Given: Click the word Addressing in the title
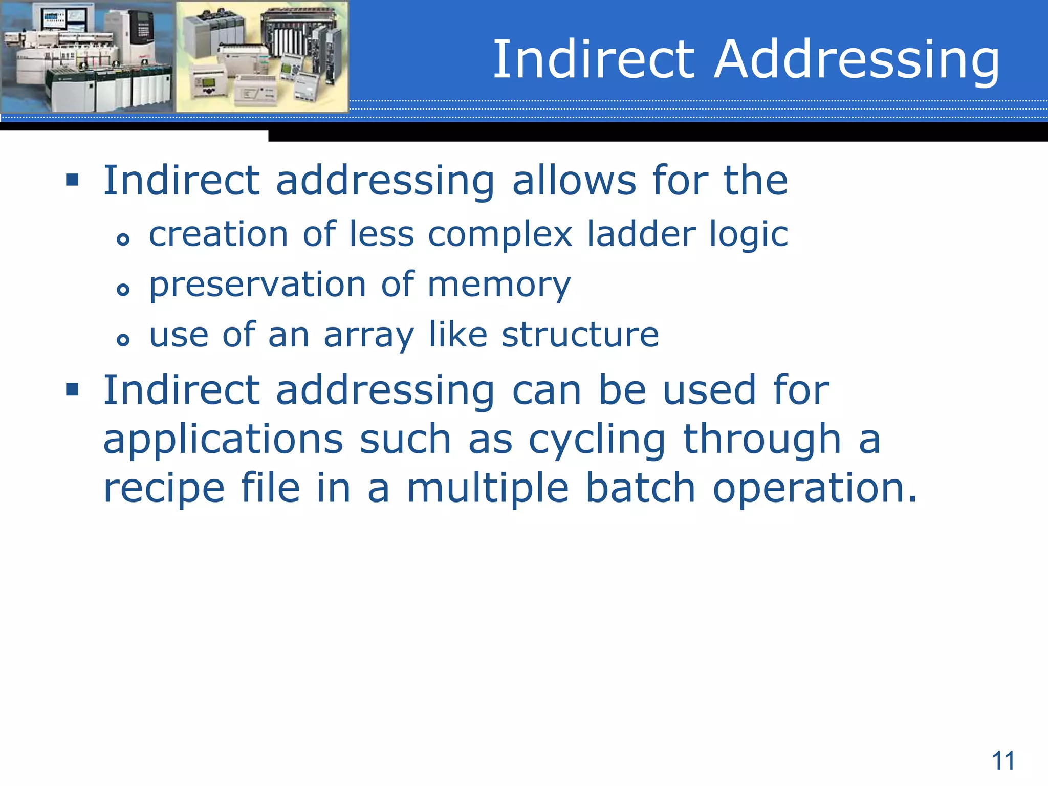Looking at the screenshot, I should [x=857, y=60].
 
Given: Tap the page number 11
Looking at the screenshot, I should [x=1003, y=761].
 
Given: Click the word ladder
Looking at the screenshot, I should [x=641, y=234].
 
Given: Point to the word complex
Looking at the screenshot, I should [x=500, y=235].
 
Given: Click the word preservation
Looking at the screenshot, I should [x=257, y=285].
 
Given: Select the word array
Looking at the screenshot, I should [x=368, y=336].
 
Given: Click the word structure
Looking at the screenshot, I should [x=580, y=335].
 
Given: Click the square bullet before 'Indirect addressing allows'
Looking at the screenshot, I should [x=72, y=180].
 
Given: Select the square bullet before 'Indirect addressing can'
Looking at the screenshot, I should [x=72, y=390].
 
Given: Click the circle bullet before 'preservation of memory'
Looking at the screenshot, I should [x=123, y=290].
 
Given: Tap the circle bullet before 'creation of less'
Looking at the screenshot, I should [x=123, y=239].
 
